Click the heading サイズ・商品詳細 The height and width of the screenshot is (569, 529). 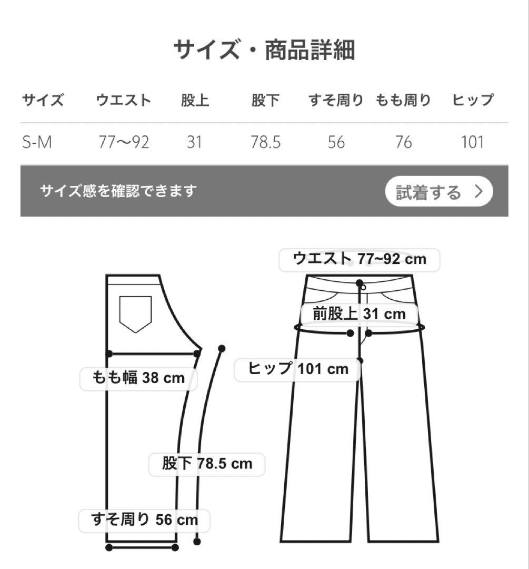[264, 50]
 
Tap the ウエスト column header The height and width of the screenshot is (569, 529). [124, 100]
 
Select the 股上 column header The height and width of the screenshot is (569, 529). [195, 100]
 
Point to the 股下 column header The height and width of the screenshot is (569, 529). [266, 100]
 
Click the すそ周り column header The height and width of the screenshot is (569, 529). [336, 100]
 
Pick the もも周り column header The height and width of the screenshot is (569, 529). [403, 100]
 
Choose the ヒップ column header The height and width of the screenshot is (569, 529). [473, 100]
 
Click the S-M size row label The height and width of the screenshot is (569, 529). [37, 142]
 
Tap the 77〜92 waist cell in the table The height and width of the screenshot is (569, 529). [124, 142]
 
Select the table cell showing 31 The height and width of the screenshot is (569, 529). [194, 142]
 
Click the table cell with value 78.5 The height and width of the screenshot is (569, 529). [266, 142]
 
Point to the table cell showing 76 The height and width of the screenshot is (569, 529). [403, 142]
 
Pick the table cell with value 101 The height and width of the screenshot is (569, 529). [472, 142]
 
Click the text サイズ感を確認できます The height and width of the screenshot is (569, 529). [118, 190]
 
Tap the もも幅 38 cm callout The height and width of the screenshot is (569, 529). [138, 378]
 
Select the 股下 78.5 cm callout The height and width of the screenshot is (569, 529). [207, 464]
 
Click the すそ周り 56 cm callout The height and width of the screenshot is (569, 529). [144, 521]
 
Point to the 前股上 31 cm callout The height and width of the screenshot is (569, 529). [360, 315]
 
